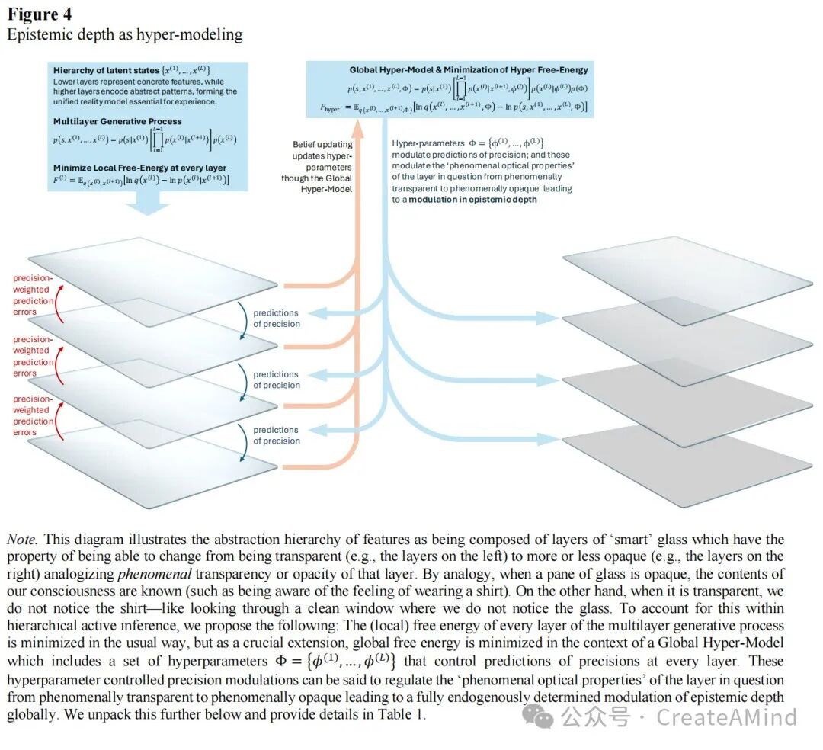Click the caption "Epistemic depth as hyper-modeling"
coord(125,34)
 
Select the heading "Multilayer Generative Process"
coord(117,121)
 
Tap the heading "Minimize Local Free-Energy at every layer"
coord(139,168)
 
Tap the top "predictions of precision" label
coord(277,319)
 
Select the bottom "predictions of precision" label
coord(277,435)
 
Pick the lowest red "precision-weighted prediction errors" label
coord(34,415)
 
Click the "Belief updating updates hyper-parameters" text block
coord(322,166)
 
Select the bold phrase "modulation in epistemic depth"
coord(472,200)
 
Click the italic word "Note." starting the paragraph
coord(23,540)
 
